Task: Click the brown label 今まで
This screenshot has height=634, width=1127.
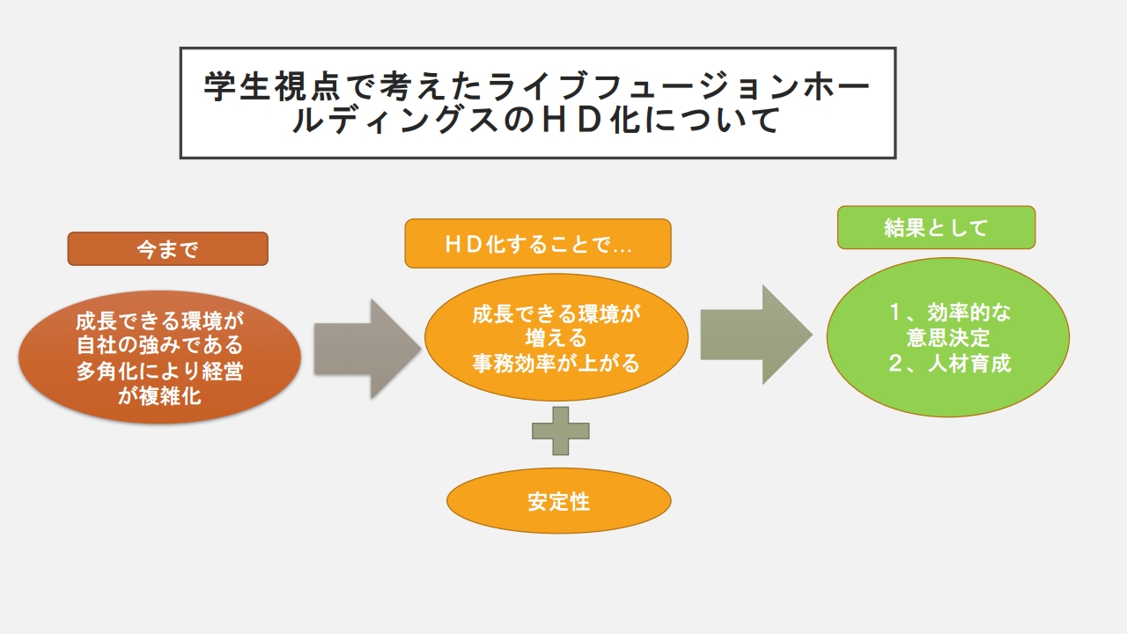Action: coord(167,249)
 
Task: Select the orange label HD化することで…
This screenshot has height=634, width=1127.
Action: coord(537,244)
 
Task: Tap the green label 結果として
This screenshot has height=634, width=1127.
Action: coord(935,228)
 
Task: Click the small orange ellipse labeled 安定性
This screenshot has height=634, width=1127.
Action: coord(558,501)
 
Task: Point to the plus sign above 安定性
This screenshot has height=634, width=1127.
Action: coord(560,431)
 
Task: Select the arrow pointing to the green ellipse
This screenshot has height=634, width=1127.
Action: coord(755,335)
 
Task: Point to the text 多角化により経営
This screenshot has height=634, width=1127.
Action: coord(159,372)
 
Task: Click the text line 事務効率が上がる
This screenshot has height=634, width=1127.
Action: coord(556,363)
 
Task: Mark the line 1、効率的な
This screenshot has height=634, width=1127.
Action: coord(949,313)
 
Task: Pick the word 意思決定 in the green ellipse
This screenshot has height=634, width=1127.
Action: coord(948,337)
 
